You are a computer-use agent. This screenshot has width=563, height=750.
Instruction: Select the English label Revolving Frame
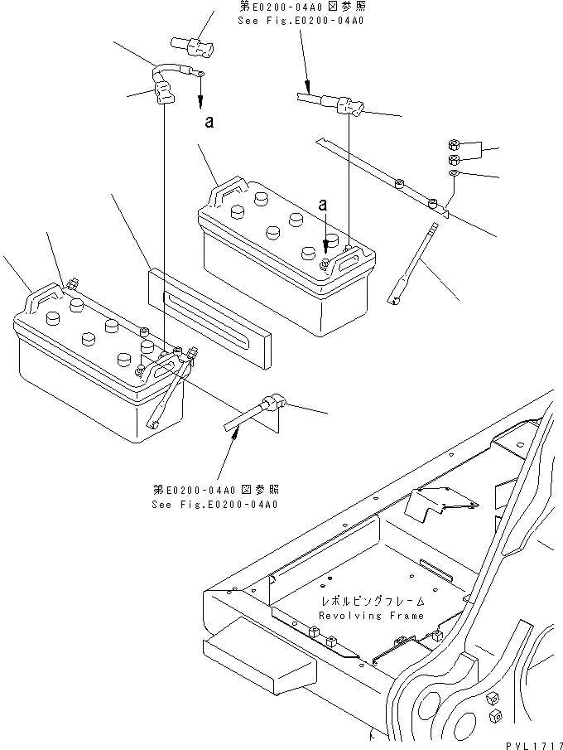371,616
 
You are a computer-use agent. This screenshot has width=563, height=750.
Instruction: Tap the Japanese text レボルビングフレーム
373,601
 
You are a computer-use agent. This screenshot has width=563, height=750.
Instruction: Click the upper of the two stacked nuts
455,143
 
